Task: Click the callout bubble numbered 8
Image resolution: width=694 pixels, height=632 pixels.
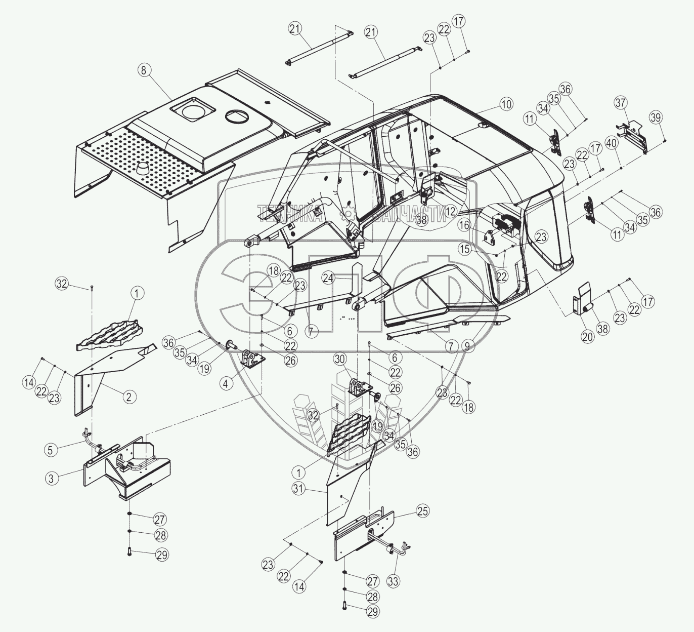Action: (143, 70)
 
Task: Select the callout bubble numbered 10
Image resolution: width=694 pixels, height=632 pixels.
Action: (506, 104)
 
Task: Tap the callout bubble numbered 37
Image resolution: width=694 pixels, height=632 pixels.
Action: (620, 103)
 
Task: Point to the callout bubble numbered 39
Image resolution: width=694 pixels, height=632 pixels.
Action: (656, 117)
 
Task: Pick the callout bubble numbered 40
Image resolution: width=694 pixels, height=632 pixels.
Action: (611, 143)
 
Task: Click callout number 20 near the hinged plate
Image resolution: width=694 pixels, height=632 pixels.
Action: (587, 336)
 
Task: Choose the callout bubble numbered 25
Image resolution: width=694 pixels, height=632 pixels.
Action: (423, 511)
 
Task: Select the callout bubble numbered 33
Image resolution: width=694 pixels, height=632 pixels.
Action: (393, 582)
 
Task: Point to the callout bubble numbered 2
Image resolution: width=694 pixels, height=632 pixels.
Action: (129, 397)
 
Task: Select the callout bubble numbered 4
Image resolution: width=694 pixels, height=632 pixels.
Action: (226, 383)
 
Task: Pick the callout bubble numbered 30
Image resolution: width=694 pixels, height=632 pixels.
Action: (340, 359)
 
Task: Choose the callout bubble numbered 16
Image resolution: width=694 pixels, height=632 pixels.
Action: (464, 225)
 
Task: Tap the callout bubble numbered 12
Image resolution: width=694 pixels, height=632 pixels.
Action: (451, 211)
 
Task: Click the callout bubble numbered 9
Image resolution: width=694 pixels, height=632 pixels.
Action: (467, 346)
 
